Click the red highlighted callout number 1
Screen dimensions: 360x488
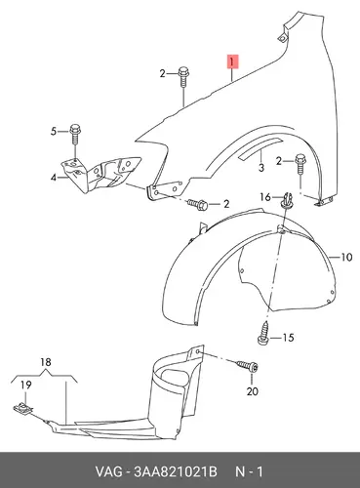232,61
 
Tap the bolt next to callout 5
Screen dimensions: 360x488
74,135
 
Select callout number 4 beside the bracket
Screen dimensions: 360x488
54,178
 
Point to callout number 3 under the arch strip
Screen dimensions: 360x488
261,168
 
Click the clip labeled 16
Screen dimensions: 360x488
286,200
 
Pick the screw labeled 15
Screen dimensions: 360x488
263,334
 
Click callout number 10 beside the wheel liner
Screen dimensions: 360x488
346,258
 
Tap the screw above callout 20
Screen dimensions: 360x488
248,366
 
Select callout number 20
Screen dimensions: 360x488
253,390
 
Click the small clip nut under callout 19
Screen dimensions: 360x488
23,408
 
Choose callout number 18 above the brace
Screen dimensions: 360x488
46,362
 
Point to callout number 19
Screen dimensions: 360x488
26,385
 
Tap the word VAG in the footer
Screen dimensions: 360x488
108,471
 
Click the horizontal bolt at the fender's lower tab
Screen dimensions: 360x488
197,204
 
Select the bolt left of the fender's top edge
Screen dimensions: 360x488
183,77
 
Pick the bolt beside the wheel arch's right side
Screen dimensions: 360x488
300,166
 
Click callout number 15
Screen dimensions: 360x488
288,338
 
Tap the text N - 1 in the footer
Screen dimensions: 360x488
249,471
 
